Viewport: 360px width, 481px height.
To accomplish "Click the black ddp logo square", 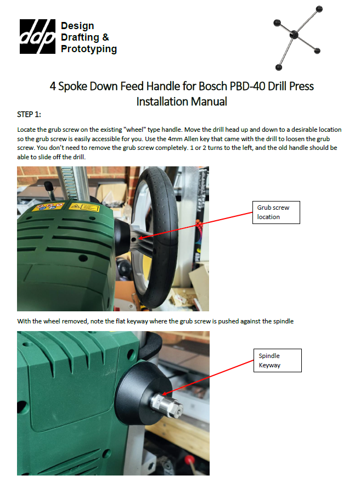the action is click(x=37, y=36).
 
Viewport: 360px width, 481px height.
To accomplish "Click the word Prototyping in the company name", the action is click(x=89, y=49).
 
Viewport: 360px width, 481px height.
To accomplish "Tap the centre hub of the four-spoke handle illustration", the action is click(x=294, y=35).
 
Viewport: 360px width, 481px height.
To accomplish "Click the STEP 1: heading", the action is click(x=29, y=114).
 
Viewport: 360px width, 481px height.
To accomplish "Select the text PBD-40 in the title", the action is click(x=248, y=86).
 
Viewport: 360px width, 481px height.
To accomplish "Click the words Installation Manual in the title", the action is click(x=182, y=102).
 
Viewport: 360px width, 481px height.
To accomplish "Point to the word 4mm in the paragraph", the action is click(x=175, y=139).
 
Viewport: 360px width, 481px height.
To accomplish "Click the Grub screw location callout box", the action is click(x=276, y=212).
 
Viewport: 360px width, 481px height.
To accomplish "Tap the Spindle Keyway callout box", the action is click(x=278, y=360).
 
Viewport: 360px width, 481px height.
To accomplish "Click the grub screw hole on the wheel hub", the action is click(x=134, y=239).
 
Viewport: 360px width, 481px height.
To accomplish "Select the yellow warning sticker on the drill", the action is click(x=84, y=207).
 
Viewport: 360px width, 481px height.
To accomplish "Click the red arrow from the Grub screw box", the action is click(x=195, y=226).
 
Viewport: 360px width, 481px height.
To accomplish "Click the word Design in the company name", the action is click(x=77, y=26).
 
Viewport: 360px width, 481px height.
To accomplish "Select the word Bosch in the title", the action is click(x=213, y=86).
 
